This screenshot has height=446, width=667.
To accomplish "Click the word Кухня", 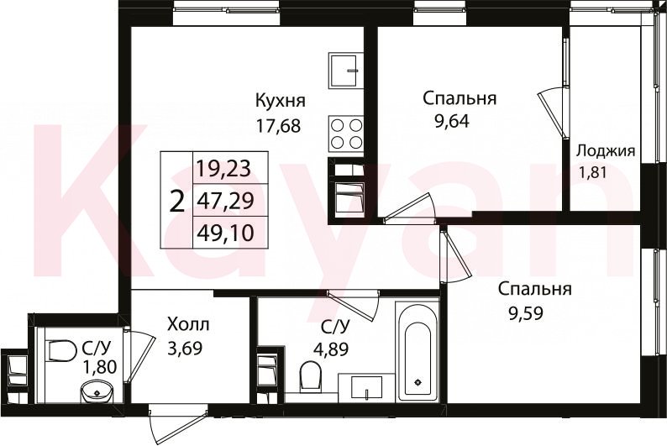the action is point(280,101).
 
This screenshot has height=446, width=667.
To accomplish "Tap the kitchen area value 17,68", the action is point(278,126).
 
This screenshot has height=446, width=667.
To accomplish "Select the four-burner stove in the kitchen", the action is point(345,133).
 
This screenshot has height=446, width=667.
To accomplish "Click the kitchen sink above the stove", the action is point(345,71).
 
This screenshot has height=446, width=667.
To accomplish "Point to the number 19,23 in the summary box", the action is point(223,168).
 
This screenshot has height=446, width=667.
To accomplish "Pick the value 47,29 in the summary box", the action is point(225,200).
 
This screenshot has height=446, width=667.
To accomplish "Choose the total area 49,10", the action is point(225,233).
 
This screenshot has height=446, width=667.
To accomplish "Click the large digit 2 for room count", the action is point(177,201).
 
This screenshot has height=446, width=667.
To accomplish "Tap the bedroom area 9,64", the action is point(451,121).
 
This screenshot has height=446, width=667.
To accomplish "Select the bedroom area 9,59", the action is point(526,313).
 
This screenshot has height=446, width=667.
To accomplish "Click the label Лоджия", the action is point(606,151).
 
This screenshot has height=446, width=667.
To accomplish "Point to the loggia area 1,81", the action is point(592,173).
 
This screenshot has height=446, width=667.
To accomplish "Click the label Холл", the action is point(188,325).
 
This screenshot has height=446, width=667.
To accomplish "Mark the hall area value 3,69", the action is point(185,349).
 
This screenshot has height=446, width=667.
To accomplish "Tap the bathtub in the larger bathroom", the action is point(417,351).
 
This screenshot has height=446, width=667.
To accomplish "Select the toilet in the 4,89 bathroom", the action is point(310,375).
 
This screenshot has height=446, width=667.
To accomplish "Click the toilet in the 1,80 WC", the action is point(60,351).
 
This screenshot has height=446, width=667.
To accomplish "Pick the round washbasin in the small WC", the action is point(97,391).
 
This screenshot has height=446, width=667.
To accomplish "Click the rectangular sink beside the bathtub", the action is point(366,387).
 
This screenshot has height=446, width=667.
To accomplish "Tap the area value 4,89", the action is point(330,349).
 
